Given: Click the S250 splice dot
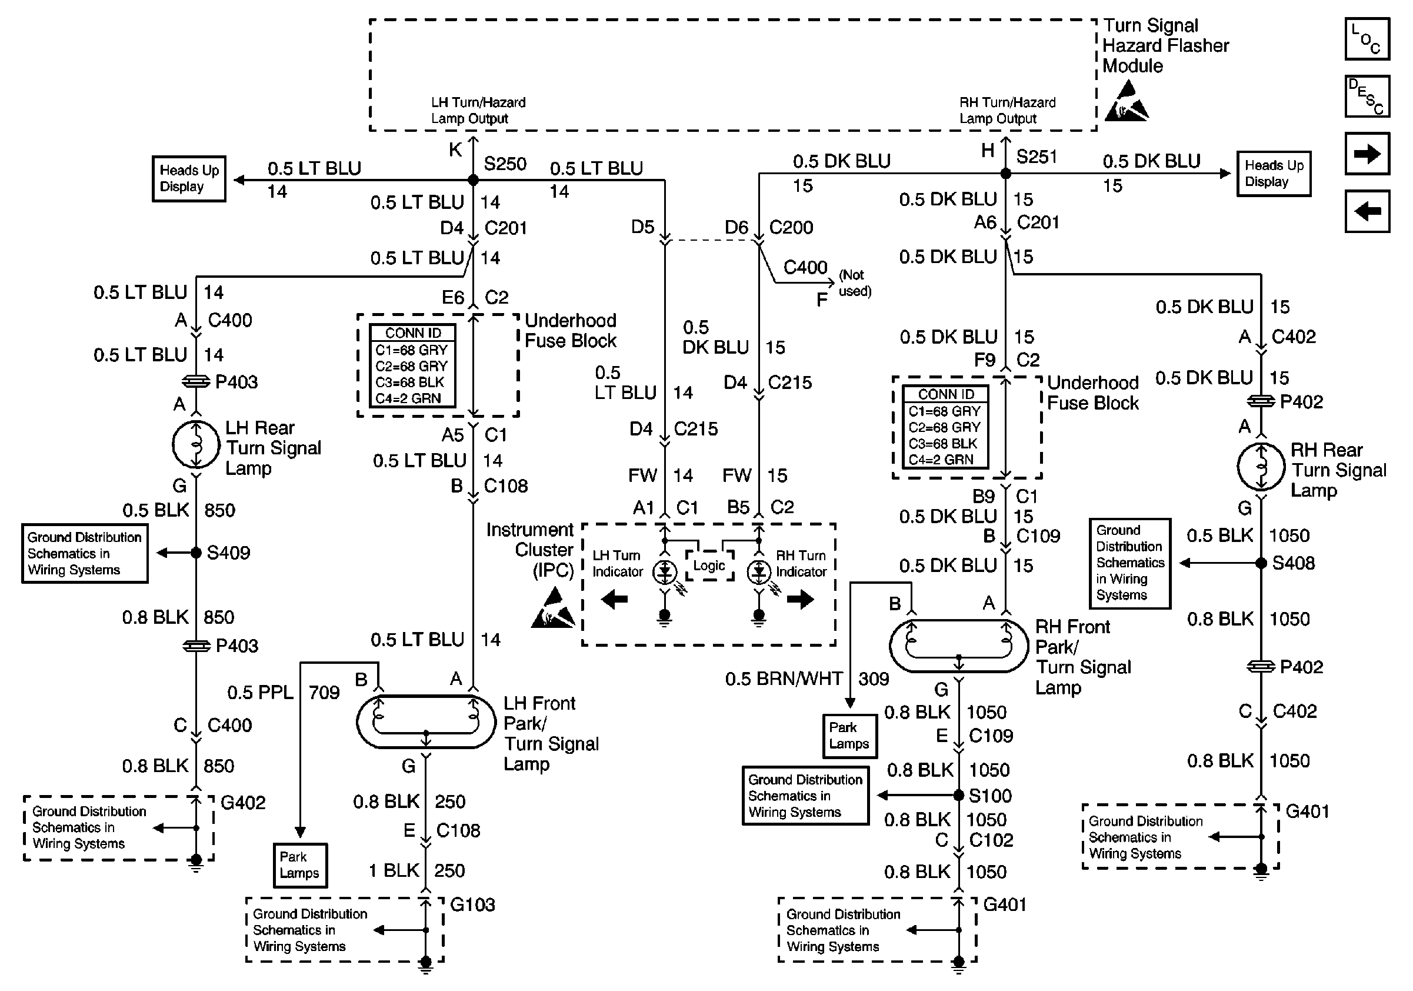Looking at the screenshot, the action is tap(474, 179).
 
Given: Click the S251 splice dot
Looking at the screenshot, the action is tap(1005, 174).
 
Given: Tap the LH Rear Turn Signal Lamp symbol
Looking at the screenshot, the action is tap(196, 445).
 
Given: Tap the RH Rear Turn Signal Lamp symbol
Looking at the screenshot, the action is tap(1261, 467).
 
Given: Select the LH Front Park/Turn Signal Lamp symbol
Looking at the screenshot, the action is tap(426, 721).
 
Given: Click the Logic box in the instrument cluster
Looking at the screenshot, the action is tap(709, 565).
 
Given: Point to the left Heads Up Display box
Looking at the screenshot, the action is tap(189, 178).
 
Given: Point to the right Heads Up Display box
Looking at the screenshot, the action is tap(1274, 174).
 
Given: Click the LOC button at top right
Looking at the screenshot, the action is tap(1367, 39).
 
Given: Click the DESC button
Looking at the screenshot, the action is tap(1367, 96).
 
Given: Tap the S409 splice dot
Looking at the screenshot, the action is tap(196, 553).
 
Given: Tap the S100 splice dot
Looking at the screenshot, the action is tap(958, 795).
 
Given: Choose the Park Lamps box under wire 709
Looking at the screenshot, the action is tap(299, 865).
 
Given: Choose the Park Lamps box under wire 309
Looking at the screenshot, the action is tap(850, 736).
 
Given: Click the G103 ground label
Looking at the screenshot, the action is tap(472, 904).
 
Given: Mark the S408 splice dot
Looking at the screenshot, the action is tap(1261, 563).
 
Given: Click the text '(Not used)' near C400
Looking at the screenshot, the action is tap(855, 283).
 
